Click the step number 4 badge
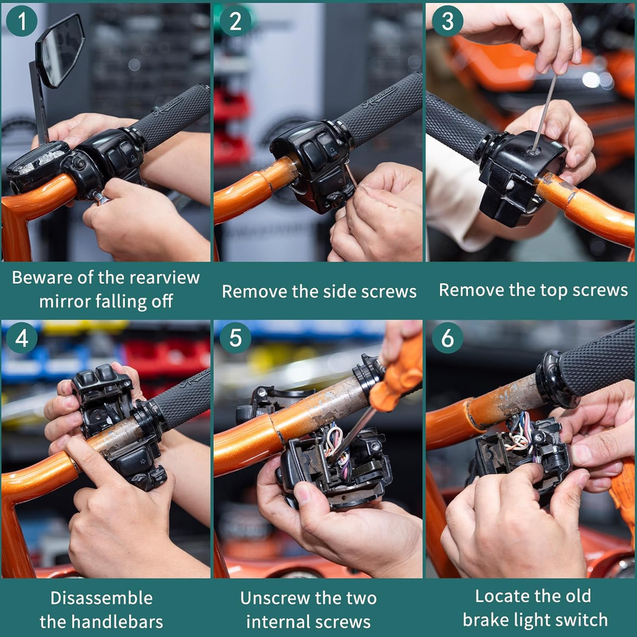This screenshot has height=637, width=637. (22, 338)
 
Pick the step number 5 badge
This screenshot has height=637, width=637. (235, 338)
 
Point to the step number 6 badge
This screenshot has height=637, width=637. (447, 338)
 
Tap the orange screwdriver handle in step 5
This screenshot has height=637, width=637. (398, 376)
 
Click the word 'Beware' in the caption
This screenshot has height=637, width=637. (43, 278)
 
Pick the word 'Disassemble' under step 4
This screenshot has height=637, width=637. (102, 598)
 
